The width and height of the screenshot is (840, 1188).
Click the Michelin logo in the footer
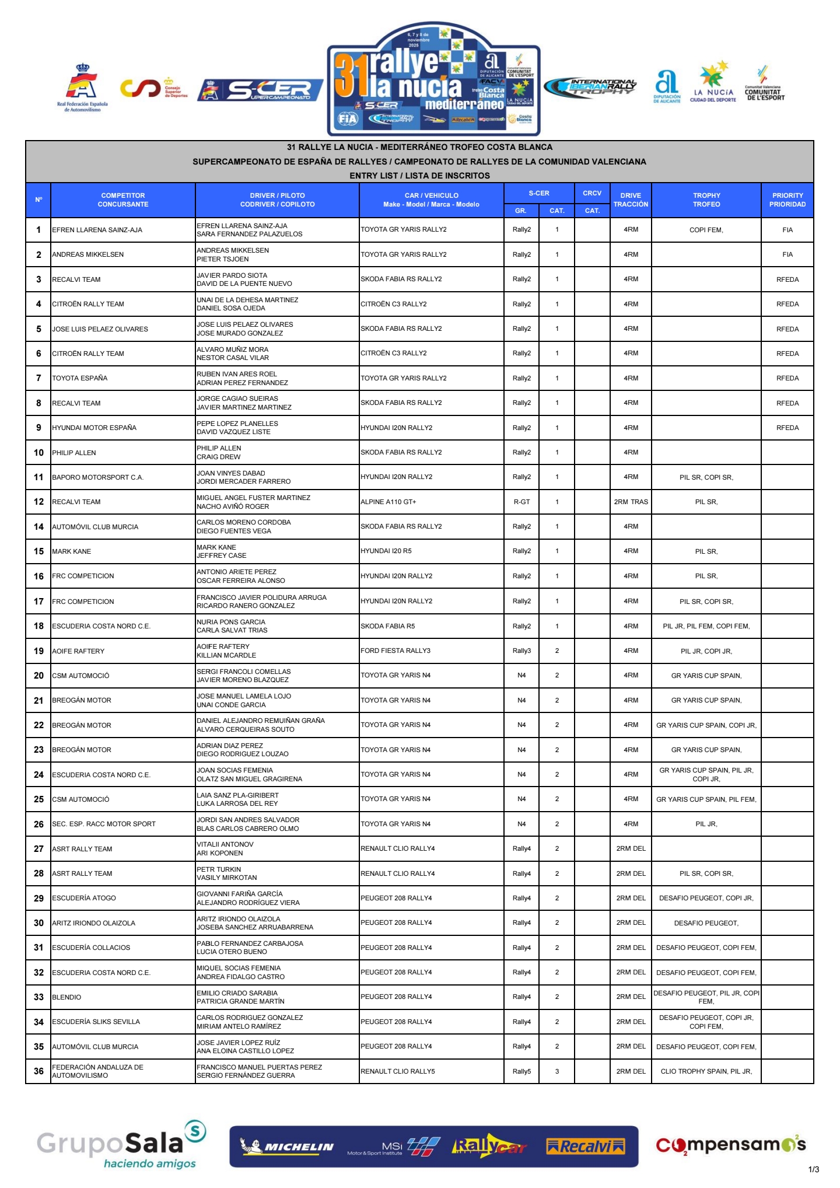pyautogui.click(x=288, y=1147)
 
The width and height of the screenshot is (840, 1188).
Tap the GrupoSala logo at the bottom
pyautogui.click(x=121, y=1145)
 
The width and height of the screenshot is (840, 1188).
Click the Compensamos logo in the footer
pyautogui.click(x=730, y=1145)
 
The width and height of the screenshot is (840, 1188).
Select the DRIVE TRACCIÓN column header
pyautogui.click(x=631, y=200)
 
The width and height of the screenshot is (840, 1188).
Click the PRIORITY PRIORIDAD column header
pyautogui.click(x=787, y=200)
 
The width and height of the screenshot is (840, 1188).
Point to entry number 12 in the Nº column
pyautogui.click(x=38, y=502)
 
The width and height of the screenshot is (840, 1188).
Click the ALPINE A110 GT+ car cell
pyautogui.click(x=388, y=502)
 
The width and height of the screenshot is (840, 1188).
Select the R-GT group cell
pyautogui.click(x=521, y=502)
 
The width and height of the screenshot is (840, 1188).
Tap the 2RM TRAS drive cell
pyautogui.click(x=631, y=502)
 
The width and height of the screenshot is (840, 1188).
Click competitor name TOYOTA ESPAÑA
pyautogui.click(x=80, y=378)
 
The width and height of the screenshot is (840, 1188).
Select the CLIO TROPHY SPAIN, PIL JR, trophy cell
pyautogui.click(x=706, y=1071)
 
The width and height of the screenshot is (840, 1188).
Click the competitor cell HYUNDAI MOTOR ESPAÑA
pyautogui.click(x=94, y=428)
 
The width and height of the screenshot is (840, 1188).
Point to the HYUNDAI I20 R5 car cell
pyautogui.click(x=386, y=551)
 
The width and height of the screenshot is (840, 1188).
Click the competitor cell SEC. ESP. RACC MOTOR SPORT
pyautogui.click(x=104, y=824)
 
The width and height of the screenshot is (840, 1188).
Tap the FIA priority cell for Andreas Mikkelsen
pyautogui.click(x=787, y=254)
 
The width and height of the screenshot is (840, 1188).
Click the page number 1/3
pyautogui.click(x=814, y=1169)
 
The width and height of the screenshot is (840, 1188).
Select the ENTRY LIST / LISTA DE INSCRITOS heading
pyautogui.click(x=419, y=176)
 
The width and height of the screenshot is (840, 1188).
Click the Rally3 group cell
pyautogui.click(x=521, y=651)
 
